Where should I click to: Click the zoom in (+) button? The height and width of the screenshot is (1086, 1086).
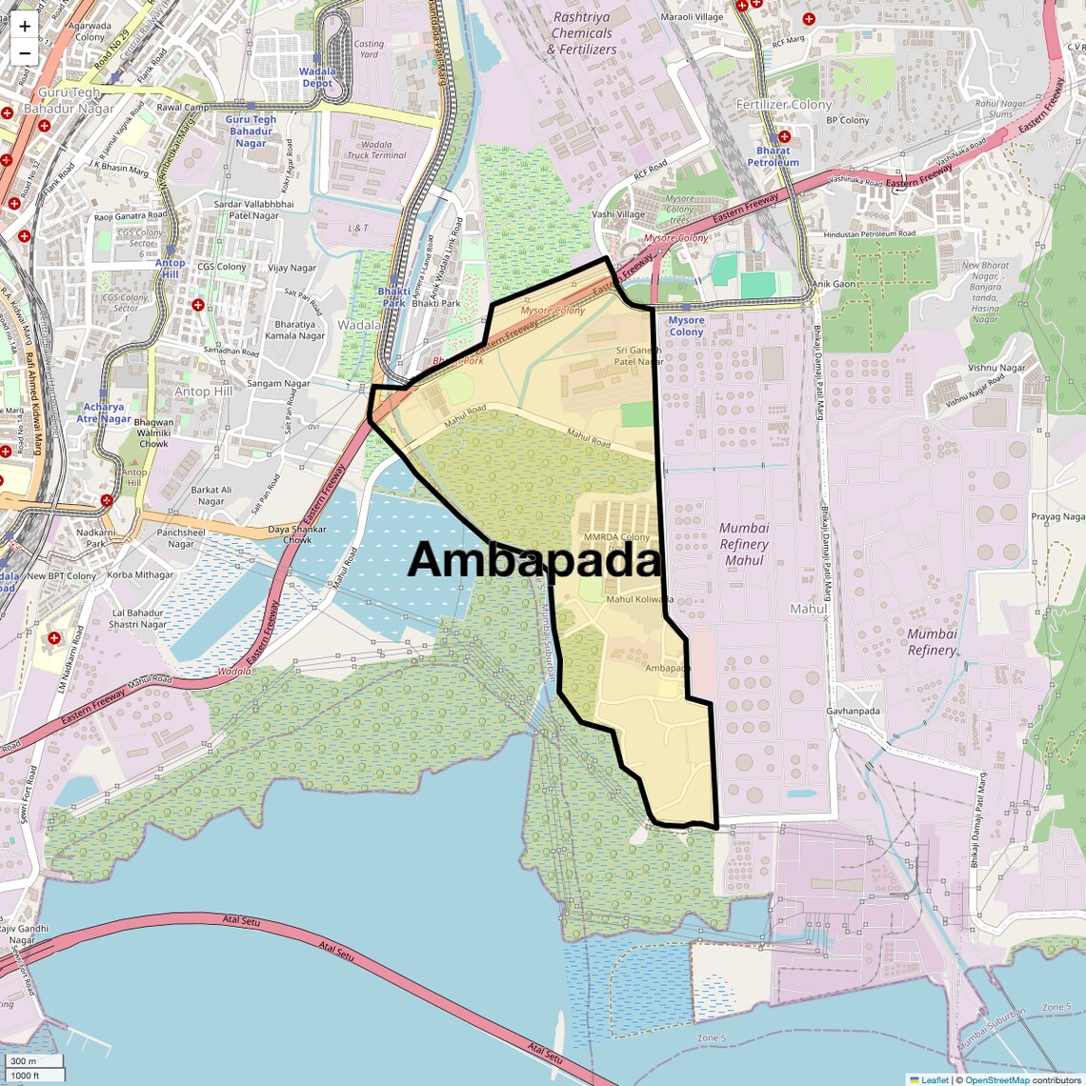point(25,26)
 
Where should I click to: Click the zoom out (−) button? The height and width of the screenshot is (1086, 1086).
point(25,52)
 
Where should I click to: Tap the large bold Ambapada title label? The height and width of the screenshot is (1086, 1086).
point(534,560)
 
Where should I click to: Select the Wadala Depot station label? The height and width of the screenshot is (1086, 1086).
point(317,77)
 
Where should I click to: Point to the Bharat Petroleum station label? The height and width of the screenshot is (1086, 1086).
point(773,156)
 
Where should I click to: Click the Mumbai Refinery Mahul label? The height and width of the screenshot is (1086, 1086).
point(744,544)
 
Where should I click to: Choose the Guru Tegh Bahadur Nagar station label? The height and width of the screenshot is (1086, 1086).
point(251,131)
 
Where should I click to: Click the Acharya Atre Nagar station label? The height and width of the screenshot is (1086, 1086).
point(104,412)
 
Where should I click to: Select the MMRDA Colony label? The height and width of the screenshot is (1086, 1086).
point(617,537)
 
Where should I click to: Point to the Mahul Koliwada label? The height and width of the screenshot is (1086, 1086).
point(639,599)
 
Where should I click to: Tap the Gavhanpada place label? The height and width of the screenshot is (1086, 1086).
point(853,711)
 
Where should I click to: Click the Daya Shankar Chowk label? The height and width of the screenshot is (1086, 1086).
point(296,534)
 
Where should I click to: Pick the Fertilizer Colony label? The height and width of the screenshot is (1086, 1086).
point(784,105)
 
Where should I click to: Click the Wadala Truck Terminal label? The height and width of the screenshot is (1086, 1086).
point(376,150)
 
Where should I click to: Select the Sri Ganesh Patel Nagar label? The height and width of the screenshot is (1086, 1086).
point(638,356)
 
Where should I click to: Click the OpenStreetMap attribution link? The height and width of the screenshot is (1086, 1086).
point(996,1079)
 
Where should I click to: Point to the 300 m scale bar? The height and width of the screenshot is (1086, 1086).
point(33,1061)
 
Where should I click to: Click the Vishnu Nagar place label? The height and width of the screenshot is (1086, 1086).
point(996,368)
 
